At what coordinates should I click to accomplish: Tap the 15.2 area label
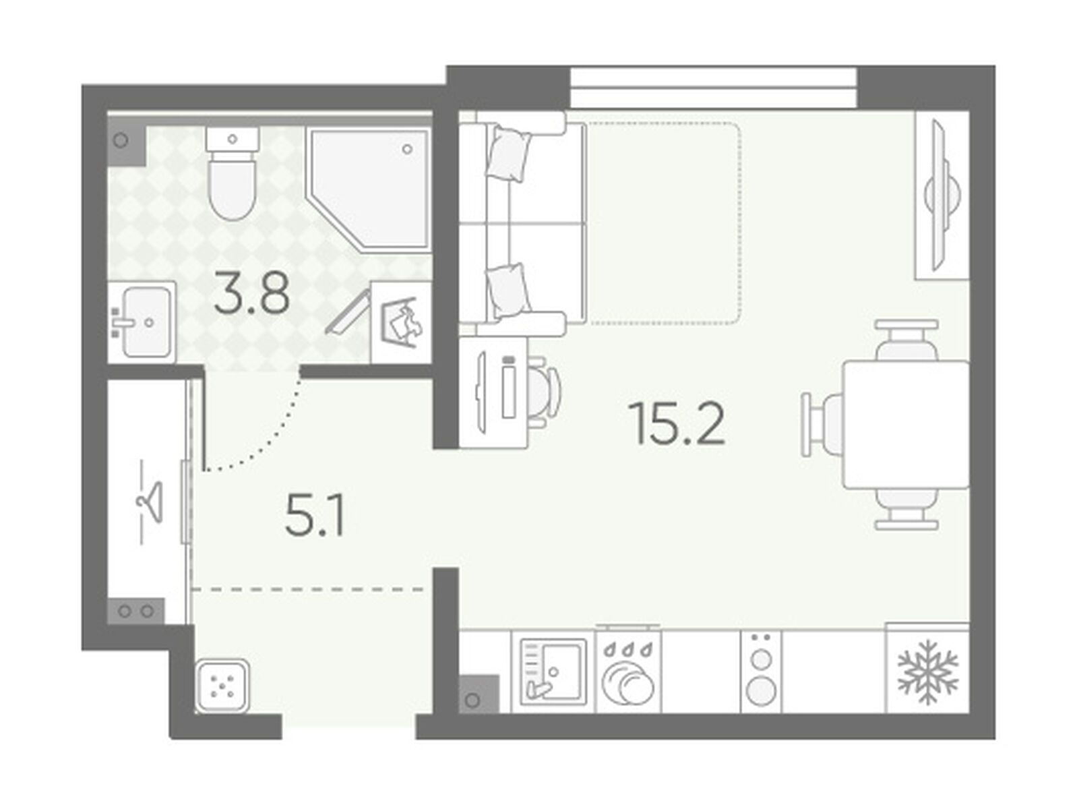coord(677,423)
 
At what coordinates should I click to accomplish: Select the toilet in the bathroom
coord(232,173)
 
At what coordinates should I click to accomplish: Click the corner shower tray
coord(369,189)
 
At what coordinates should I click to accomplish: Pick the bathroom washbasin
coord(142,322)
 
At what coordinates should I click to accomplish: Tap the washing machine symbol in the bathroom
coord(401,322)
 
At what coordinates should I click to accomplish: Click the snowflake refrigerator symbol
coord(927,671)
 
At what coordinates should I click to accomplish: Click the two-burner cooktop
coord(761,671)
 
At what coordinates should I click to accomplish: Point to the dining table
coord(906,424)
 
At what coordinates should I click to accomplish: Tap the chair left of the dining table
coord(822,425)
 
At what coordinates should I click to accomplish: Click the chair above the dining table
coord(906,340)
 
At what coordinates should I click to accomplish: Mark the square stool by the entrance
coord(222,686)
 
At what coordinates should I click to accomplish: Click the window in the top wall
coord(714,88)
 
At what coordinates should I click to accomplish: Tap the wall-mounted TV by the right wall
coord(940,196)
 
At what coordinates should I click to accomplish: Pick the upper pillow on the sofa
coord(510,154)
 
